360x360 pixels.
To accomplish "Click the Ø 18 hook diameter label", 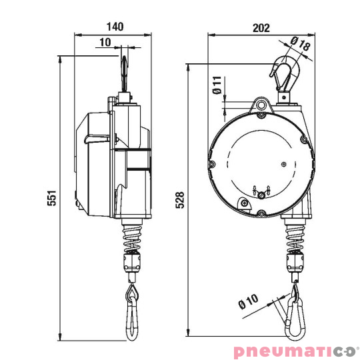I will (301, 45).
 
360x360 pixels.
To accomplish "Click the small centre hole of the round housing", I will (283, 163).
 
